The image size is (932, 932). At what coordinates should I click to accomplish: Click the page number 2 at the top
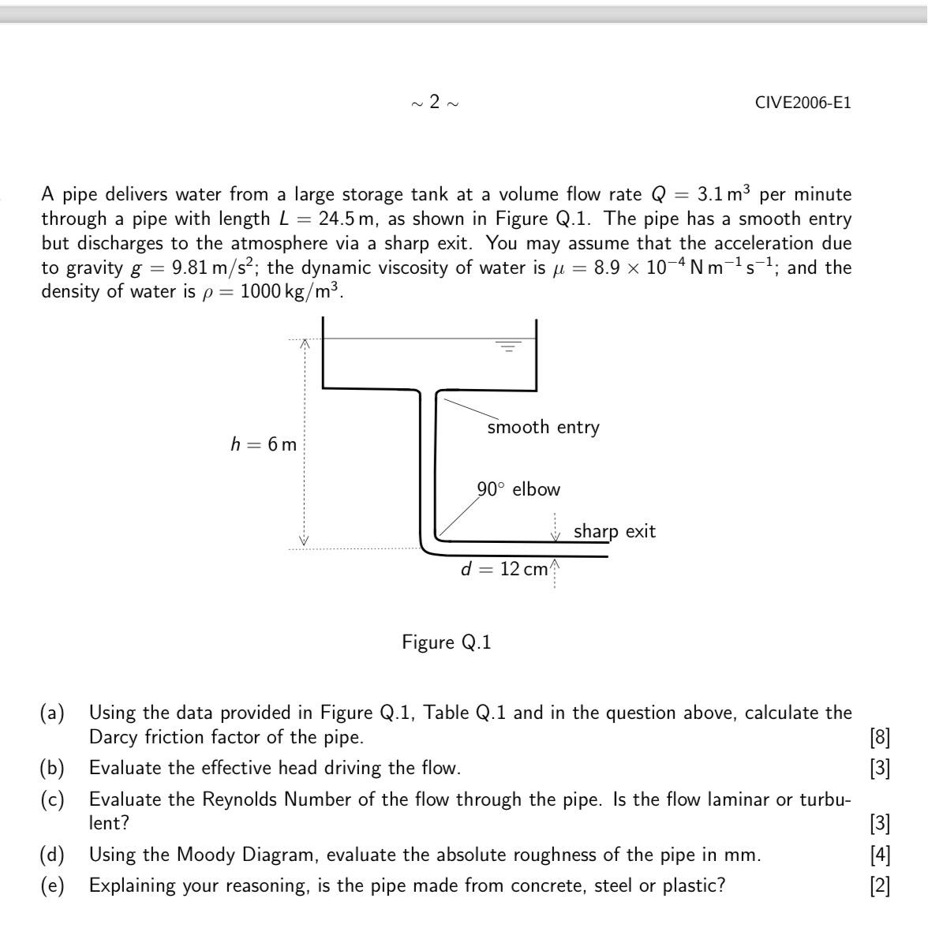[x=435, y=103]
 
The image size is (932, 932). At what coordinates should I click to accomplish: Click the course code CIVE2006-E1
[x=803, y=103]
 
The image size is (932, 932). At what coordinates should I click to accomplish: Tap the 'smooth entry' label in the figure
[x=543, y=427]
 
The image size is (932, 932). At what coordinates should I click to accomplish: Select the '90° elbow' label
[x=518, y=489]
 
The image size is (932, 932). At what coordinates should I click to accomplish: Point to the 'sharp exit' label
[x=614, y=531]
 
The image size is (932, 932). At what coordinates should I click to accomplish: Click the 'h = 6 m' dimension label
[x=264, y=445]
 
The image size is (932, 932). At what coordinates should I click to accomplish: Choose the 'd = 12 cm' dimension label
[x=503, y=569]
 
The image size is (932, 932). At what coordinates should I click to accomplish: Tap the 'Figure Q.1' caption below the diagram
[x=446, y=642]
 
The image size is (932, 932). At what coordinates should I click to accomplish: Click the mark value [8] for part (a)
[x=879, y=738]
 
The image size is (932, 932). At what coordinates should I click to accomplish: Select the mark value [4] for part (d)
[x=879, y=855]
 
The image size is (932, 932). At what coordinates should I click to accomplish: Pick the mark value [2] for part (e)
[x=879, y=885]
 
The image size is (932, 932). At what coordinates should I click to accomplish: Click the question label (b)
[x=53, y=768]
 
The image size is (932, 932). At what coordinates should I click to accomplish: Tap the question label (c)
[x=53, y=799]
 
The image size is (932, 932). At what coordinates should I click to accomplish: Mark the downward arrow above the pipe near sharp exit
[x=556, y=533]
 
